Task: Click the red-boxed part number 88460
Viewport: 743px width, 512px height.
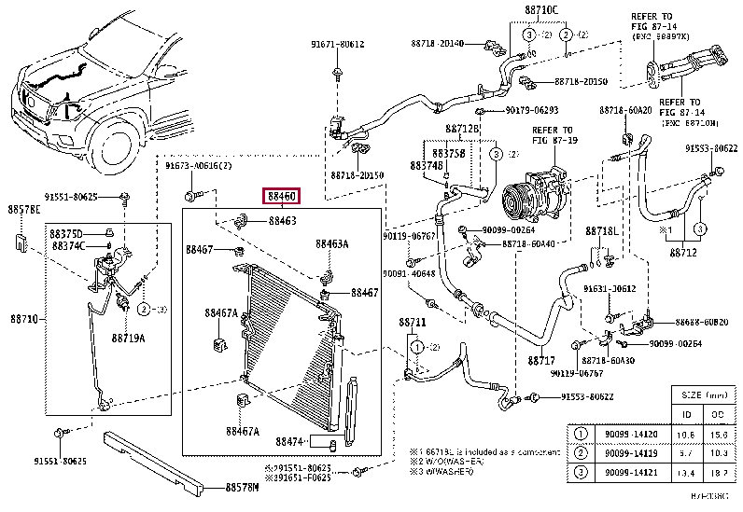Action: (x=282, y=197)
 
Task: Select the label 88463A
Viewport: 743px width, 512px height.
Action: (x=331, y=244)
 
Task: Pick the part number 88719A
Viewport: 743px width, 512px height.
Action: (x=128, y=338)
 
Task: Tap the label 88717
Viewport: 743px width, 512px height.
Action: (x=540, y=360)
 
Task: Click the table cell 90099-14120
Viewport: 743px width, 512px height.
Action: (x=627, y=435)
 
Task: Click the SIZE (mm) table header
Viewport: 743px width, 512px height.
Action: (x=703, y=395)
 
